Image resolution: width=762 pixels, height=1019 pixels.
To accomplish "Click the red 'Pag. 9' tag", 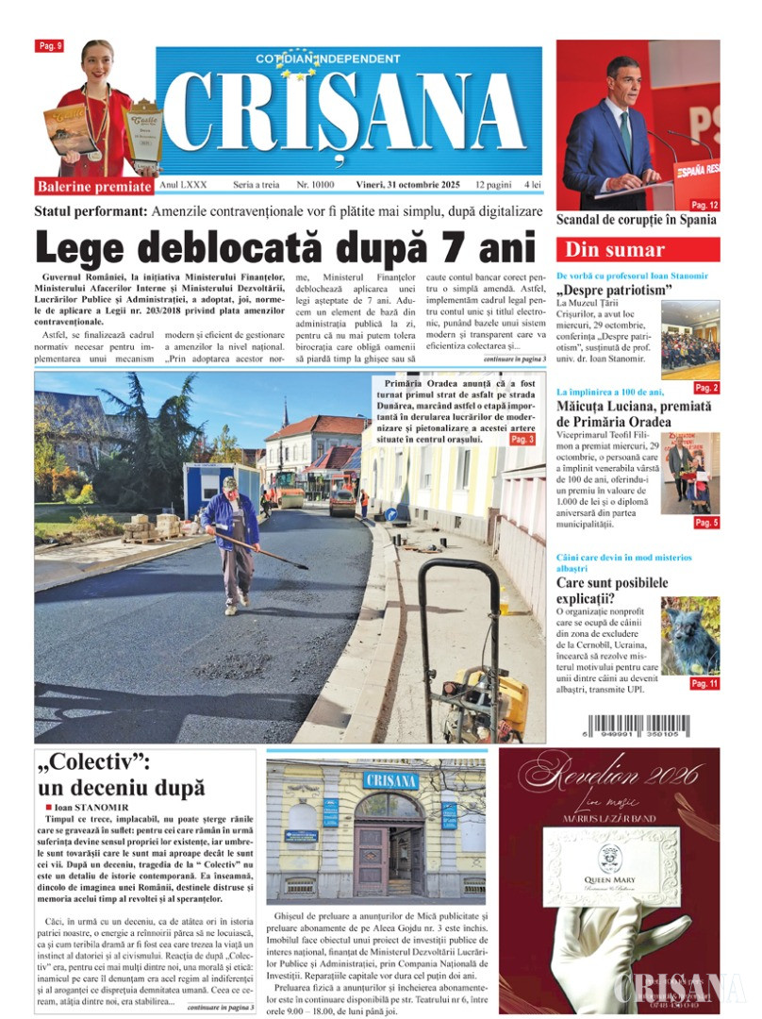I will [x=49, y=45].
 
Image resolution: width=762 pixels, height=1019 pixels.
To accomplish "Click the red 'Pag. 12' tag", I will [x=704, y=205].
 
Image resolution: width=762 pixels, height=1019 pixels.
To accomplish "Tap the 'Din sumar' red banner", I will [x=638, y=250].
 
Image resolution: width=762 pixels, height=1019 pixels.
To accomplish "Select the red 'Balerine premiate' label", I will [x=94, y=185].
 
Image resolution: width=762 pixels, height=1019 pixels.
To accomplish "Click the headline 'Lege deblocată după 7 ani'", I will [x=285, y=247].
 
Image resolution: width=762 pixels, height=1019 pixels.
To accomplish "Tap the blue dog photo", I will [x=689, y=635].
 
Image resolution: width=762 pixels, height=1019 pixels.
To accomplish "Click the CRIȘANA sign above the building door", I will [x=390, y=780].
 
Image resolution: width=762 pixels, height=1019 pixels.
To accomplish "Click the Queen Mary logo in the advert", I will [x=609, y=862].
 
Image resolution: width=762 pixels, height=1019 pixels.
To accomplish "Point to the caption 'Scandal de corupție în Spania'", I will [x=636, y=220].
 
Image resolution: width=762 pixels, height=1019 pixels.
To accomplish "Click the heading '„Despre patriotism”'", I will [x=614, y=290].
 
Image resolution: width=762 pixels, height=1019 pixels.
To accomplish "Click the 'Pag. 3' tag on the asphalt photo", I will [x=522, y=439].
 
